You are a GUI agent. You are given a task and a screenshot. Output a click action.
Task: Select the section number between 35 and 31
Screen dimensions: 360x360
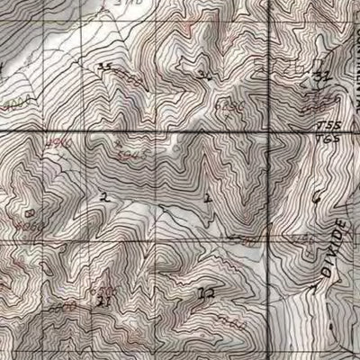coord(206,75)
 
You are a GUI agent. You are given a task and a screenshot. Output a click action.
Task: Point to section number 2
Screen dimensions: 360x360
coord(105,196)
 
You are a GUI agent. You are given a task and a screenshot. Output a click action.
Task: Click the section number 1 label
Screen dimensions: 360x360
coord(208,196)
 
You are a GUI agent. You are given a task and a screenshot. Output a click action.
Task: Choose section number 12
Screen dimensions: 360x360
coord(207,292)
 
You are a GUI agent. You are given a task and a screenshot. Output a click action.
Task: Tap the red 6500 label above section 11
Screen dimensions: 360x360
coord(108,290)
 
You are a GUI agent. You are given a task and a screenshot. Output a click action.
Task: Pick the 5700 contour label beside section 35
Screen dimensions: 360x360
coord(130,79)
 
